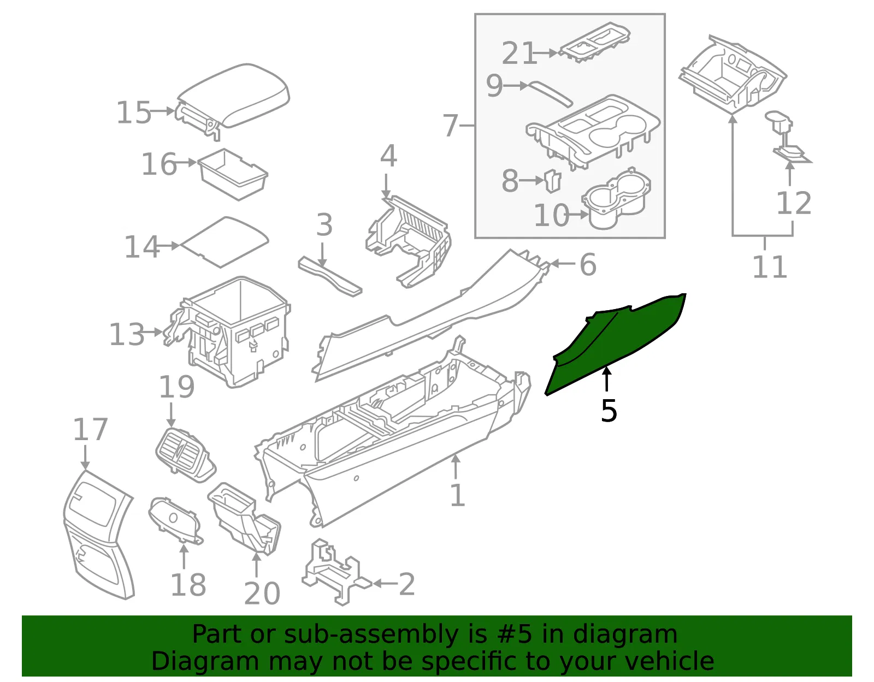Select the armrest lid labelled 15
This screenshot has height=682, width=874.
233,100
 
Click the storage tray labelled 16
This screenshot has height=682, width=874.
233,174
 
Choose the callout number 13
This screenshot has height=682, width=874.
127,334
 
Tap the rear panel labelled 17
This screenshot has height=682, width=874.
98,534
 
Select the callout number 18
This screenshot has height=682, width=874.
188,584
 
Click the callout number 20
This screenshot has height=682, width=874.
262,593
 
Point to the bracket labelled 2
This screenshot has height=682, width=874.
336,572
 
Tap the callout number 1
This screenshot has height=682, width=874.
458,495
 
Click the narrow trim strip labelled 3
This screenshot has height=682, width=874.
330,276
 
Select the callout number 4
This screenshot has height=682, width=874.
388,156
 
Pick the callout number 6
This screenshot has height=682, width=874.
588,265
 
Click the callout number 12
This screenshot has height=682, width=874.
794,203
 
